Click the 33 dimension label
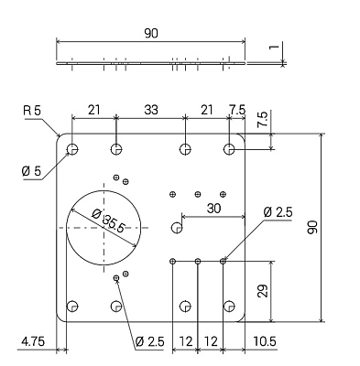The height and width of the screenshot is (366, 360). (151, 110)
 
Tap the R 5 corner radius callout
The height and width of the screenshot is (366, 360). (32, 111)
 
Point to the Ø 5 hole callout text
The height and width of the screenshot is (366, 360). (31, 171)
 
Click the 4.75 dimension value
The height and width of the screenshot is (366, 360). (33, 341)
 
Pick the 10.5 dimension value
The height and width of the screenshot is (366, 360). (265, 341)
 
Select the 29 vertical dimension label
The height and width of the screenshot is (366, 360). (263, 291)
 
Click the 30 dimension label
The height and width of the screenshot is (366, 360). (213, 209)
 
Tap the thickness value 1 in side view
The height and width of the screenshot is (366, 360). (275, 47)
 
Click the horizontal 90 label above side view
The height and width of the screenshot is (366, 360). (151, 33)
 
